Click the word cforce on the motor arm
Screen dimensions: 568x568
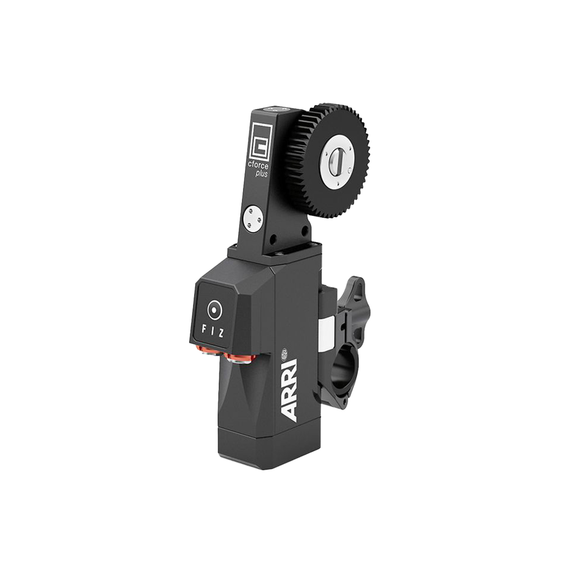click(x=258, y=165)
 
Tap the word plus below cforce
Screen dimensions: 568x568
click(x=261, y=173)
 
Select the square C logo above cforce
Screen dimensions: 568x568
click(x=260, y=142)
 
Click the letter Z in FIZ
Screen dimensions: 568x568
click(x=221, y=333)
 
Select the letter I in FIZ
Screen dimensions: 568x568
click(x=212, y=332)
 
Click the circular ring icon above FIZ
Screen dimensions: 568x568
click(x=214, y=310)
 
